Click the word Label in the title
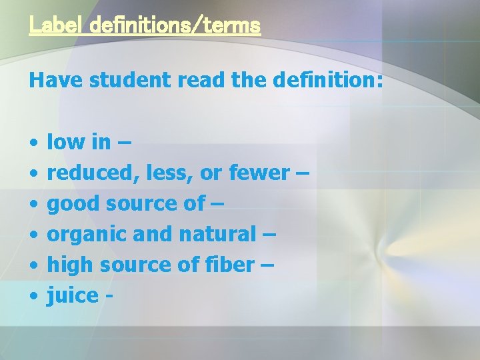(55, 26)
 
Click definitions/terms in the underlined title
(174, 26)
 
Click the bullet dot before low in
(33, 142)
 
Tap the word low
(66, 142)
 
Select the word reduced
(88, 173)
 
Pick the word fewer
(259, 173)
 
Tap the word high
(71, 265)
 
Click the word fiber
(232, 265)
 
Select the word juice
(71, 295)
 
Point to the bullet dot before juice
(33, 295)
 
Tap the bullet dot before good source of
(33, 203)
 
